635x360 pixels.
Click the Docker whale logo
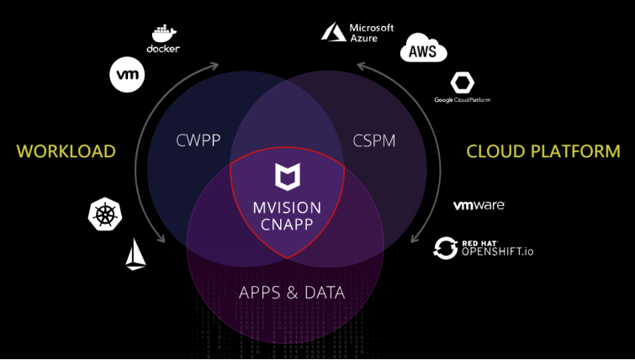click(x=163, y=33)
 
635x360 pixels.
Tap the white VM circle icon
click(x=127, y=75)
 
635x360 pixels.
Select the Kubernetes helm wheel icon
click(x=104, y=214)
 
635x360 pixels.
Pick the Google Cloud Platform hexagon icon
click(x=462, y=83)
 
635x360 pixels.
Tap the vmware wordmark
click(x=479, y=205)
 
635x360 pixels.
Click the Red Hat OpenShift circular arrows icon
click(x=445, y=247)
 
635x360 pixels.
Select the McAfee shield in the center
click(x=286, y=177)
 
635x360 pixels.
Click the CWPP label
click(x=198, y=139)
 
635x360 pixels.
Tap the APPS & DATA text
click(x=292, y=294)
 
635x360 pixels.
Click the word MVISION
click(x=286, y=206)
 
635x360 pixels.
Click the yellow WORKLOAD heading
click(x=66, y=152)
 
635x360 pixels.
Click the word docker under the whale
click(x=163, y=49)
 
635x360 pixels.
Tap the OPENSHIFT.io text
click(x=495, y=251)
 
